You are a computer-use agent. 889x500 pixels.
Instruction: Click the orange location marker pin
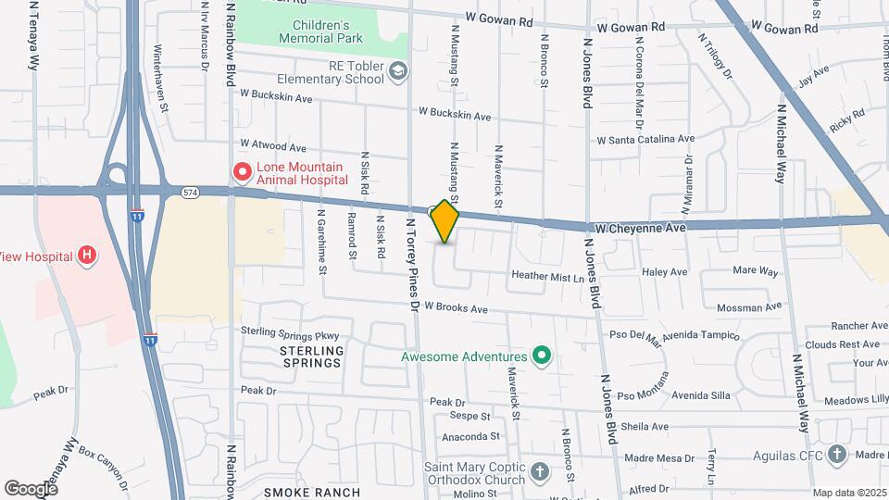pos(445,221)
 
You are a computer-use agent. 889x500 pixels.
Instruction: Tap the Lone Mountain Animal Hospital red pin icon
pos(242,171)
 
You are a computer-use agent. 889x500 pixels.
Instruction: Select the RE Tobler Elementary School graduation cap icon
pos(397,71)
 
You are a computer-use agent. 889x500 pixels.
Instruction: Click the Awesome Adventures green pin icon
pos(542,356)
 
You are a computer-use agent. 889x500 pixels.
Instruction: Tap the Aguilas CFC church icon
pos(837,454)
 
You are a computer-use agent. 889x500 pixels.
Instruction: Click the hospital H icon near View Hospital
pos(87,255)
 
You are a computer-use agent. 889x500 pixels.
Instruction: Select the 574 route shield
pos(191,192)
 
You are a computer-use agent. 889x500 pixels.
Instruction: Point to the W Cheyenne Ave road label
pos(636,227)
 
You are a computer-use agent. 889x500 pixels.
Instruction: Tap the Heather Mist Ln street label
pos(548,276)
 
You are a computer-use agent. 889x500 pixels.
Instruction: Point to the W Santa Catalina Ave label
pos(645,140)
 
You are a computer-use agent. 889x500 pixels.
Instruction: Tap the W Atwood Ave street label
pos(273,145)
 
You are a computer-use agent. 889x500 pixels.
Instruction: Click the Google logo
pos(31,488)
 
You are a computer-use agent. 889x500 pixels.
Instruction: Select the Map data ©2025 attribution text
pos(848,493)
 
